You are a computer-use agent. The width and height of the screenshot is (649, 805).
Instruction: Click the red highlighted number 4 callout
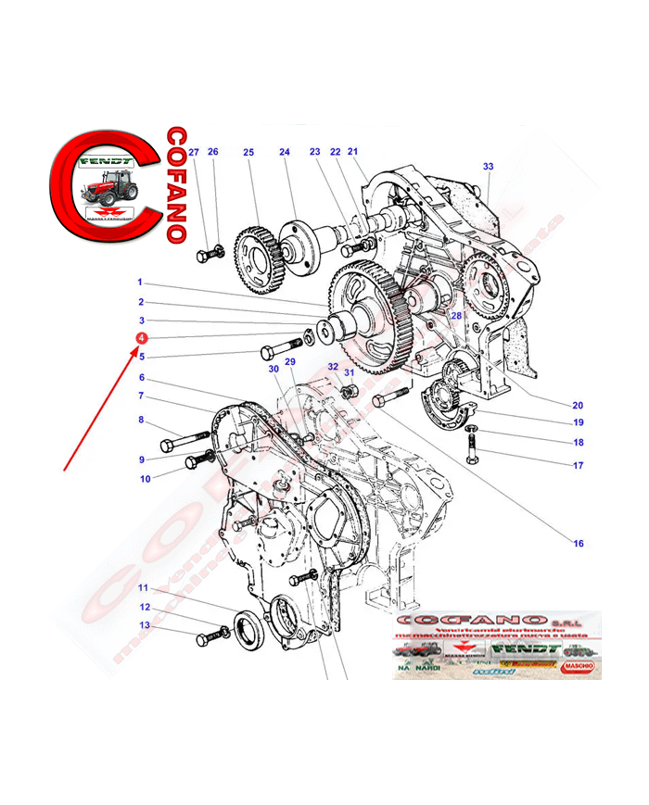[x=141, y=339]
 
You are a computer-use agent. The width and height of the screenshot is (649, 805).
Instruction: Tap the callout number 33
[x=489, y=167]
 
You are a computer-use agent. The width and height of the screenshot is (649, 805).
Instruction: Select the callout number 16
[x=579, y=544]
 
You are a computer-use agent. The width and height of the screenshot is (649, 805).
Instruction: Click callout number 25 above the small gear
[x=248, y=153]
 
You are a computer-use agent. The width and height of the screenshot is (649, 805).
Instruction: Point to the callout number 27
[x=194, y=153]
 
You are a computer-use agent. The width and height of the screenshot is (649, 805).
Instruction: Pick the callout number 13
[x=144, y=625]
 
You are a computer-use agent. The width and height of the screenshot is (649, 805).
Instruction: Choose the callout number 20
[x=578, y=404]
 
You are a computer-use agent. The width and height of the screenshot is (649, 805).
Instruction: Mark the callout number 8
[x=142, y=421]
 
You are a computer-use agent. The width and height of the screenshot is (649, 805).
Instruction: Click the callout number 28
[x=455, y=317]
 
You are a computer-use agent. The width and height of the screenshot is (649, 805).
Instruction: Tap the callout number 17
[x=578, y=465]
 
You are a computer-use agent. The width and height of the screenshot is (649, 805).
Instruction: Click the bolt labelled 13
[x=210, y=638]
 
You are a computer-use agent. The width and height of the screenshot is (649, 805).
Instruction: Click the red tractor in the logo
[x=109, y=191]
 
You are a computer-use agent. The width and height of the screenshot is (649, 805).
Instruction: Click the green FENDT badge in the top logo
[x=107, y=160]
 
